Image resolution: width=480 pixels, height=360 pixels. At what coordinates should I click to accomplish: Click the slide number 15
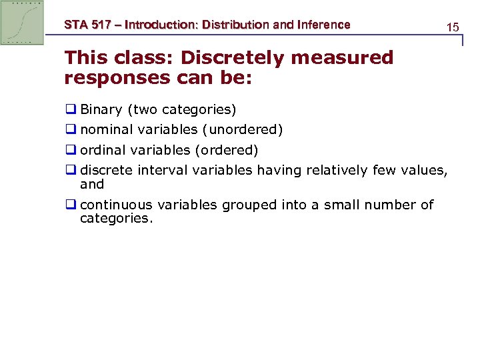tap(453, 27)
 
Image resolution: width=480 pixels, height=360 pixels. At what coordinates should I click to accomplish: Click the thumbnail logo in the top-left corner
tap(22, 22)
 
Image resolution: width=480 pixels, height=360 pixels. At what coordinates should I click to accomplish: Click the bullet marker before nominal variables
tap(70, 129)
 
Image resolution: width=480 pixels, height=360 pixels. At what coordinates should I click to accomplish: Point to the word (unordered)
tap(243, 129)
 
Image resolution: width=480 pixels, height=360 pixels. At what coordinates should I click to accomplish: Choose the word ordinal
tap(103, 150)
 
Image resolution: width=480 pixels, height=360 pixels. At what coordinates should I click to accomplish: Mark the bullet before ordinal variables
tap(70, 150)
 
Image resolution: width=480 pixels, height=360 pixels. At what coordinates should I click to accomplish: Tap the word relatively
tap(339, 170)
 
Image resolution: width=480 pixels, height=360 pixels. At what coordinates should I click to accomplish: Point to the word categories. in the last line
tap(116, 218)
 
